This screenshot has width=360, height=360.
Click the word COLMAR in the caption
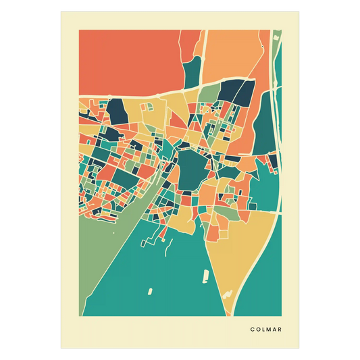point(265,330)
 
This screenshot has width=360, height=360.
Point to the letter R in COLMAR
point(280,330)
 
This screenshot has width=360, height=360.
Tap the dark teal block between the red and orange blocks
point(193,70)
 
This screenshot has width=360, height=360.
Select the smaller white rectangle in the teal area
point(149,291)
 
